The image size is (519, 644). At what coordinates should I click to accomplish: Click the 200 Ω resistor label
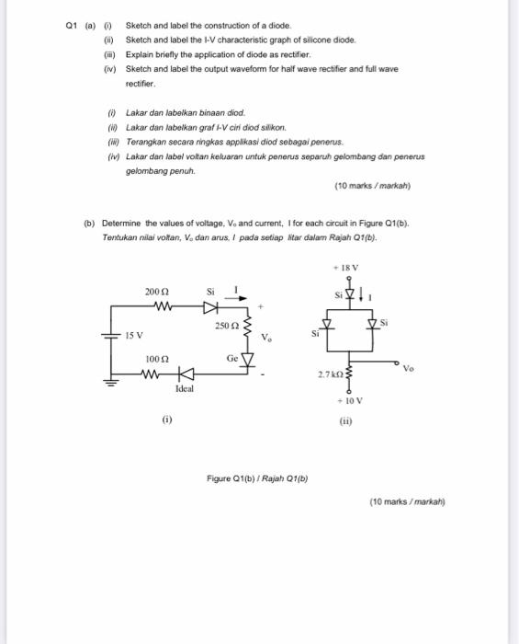pos(154,290)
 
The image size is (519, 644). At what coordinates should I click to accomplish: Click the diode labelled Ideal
pos(186,374)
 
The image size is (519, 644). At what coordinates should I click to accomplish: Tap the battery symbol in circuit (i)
pos(113,337)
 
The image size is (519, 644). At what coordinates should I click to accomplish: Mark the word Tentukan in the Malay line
pos(119,237)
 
